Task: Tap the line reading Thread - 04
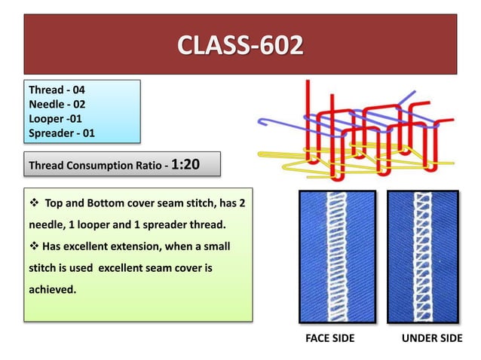point(52,90)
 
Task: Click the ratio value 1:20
point(185,164)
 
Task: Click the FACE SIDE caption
point(329,338)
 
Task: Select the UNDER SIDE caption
point(432,338)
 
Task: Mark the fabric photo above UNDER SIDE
point(423,256)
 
